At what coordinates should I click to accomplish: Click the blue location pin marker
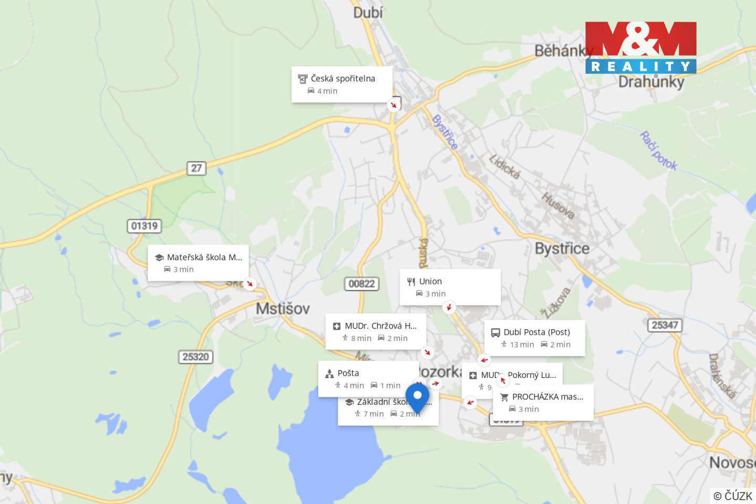(x=417, y=396)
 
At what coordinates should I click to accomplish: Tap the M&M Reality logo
(x=640, y=47)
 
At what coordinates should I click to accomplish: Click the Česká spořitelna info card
(x=342, y=84)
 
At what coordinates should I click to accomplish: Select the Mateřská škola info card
(x=198, y=262)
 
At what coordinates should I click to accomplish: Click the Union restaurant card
(x=450, y=287)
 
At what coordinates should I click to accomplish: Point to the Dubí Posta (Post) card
(x=534, y=338)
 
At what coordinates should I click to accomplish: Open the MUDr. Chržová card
(x=375, y=331)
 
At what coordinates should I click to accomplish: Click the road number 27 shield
(x=196, y=168)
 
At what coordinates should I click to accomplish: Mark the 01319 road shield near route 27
(x=144, y=226)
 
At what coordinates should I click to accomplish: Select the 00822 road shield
(x=362, y=283)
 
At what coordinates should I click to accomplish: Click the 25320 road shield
(x=196, y=356)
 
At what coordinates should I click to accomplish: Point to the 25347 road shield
(x=665, y=325)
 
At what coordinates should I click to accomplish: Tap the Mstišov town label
(x=282, y=308)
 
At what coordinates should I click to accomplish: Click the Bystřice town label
(x=562, y=248)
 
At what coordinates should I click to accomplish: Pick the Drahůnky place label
(x=651, y=82)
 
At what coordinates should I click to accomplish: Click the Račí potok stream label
(x=658, y=151)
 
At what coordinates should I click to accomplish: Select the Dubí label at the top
(x=368, y=12)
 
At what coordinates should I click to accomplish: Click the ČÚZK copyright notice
(x=733, y=496)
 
